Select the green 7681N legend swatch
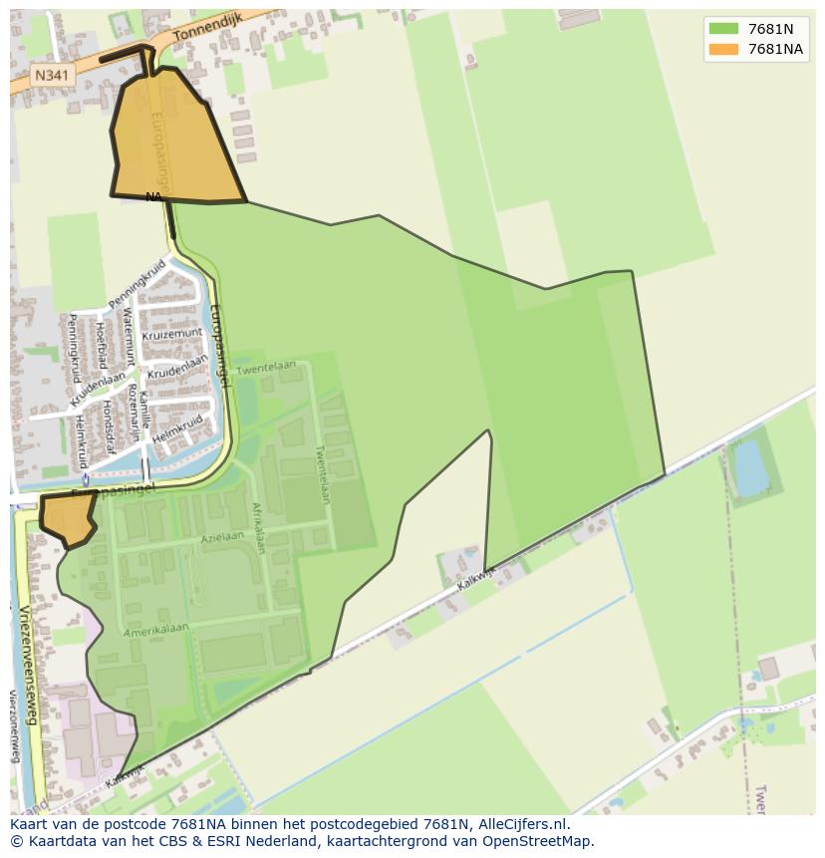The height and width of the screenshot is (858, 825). (x=723, y=29)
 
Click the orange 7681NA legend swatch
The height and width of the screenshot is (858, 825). (x=723, y=49)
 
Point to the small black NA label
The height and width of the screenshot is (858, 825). (x=153, y=196)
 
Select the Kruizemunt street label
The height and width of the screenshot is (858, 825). (x=171, y=336)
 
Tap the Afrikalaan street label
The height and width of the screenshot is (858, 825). (x=257, y=528)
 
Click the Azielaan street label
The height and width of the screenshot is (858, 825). (x=221, y=537)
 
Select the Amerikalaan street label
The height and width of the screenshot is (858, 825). (x=155, y=633)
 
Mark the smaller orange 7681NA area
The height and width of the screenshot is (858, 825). (x=68, y=517)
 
